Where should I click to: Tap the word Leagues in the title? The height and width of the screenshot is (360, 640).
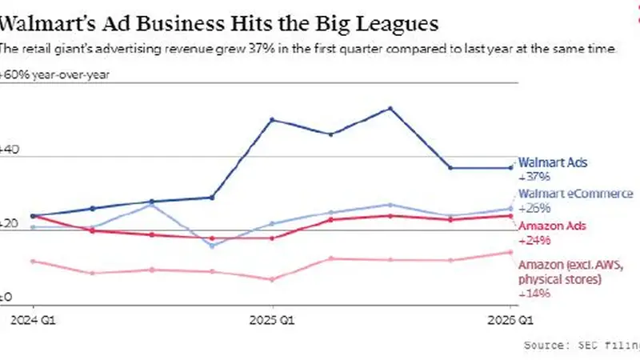pyautogui.click(x=397, y=25)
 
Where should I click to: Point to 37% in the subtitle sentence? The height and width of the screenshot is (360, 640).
pyautogui.click(x=258, y=49)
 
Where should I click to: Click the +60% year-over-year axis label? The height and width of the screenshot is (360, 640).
pyautogui.click(x=54, y=75)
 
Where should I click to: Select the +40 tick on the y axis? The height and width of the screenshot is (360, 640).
pyautogui.click(x=9, y=150)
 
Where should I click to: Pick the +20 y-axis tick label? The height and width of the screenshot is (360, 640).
pyautogui.click(x=9, y=224)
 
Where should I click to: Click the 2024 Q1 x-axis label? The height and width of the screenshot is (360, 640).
pyautogui.click(x=33, y=320)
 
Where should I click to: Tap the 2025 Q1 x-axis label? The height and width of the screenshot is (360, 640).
pyautogui.click(x=272, y=320)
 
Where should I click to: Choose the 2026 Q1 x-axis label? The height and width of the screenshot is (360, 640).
pyautogui.click(x=510, y=320)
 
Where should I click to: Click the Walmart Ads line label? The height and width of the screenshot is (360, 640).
pyautogui.click(x=553, y=162)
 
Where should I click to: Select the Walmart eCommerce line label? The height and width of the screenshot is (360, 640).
pyautogui.click(x=575, y=194)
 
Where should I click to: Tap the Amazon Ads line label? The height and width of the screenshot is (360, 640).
pyautogui.click(x=552, y=226)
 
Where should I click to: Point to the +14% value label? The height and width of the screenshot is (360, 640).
pyautogui.click(x=534, y=294)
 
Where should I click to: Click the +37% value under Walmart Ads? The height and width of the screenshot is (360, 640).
pyautogui.click(x=534, y=177)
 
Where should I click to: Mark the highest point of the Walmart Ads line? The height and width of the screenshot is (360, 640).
pyautogui.click(x=390, y=109)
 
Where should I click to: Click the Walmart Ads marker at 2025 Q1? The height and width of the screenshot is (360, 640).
pyautogui.click(x=272, y=119)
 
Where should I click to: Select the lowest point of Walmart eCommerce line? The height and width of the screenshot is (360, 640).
pyautogui.click(x=212, y=246)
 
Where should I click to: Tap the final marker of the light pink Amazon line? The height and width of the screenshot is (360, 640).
pyautogui.click(x=510, y=252)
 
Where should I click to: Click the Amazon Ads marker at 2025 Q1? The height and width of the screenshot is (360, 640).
pyautogui.click(x=272, y=238)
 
